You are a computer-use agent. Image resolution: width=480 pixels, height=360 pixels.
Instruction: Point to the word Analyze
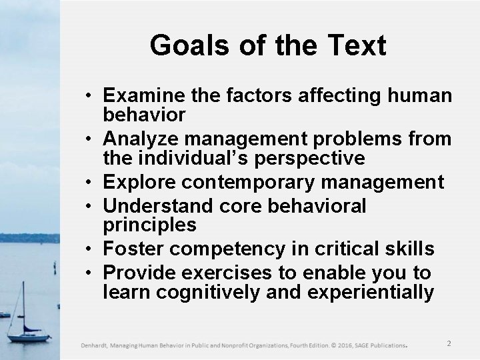tap(141, 139)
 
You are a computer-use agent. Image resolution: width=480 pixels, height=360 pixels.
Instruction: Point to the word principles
tap(149, 225)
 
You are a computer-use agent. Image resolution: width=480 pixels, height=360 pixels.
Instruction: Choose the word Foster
tap(131, 249)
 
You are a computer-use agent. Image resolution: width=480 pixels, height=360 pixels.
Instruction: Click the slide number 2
tap(449, 343)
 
